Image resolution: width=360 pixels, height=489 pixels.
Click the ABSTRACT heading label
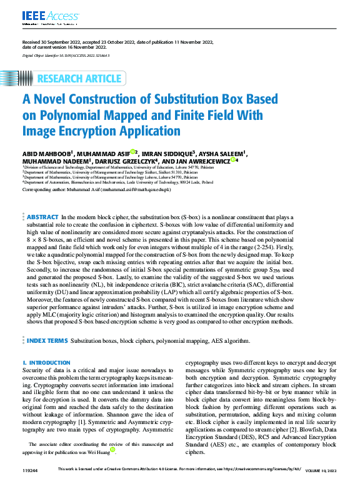tap(42, 215)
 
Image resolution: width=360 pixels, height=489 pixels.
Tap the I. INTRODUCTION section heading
tap(46, 363)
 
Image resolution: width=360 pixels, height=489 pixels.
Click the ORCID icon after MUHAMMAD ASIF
tap(132, 151)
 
